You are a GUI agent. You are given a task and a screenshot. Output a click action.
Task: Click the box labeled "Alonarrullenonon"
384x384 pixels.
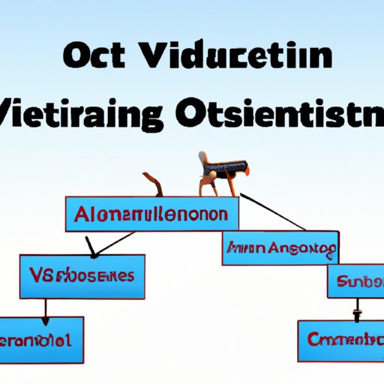click(x=152, y=214)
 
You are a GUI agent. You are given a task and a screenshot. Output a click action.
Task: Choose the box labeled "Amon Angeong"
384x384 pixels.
click(x=280, y=248)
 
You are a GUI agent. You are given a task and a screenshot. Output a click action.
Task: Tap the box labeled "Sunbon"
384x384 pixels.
click(x=355, y=282)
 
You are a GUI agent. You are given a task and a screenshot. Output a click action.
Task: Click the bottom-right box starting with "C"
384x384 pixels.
click(x=340, y=339)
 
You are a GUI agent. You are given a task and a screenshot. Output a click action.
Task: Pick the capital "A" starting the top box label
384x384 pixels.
click(x=82, y=214)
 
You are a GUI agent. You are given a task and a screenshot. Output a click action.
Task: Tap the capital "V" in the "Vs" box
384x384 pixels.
click(x=38, y=276)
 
